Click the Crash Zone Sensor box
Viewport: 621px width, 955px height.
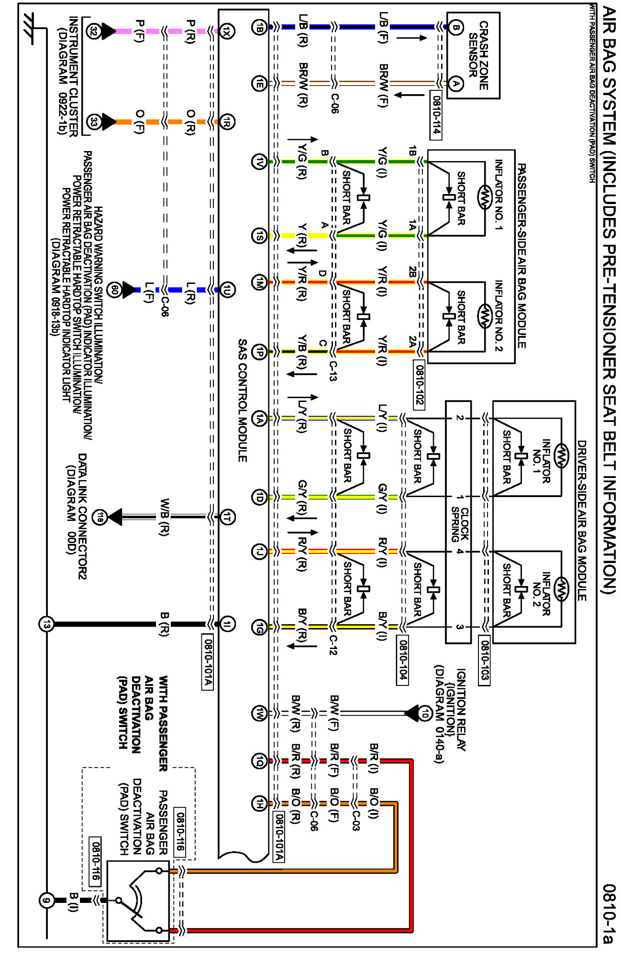(x=473, y=55)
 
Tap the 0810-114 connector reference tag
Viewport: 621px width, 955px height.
(x=436, y=115)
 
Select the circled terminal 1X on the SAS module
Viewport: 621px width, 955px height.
(x=227, y=32)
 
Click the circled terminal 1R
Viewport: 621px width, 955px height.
(x=227, y=122)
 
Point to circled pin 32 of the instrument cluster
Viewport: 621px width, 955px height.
(x=94, y=32)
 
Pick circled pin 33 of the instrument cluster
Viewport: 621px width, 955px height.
(x=94, y=122)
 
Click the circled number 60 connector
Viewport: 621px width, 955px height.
(x=114, y=290)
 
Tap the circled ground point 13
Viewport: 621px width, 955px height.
(x=46, y=624)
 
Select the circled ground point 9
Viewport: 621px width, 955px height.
(x=46, y=901)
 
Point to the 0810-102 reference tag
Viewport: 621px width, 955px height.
(x=419, y=385)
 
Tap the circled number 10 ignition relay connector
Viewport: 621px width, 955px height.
(x=425, y=713)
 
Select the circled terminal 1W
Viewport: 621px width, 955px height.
(x=259, y=713)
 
